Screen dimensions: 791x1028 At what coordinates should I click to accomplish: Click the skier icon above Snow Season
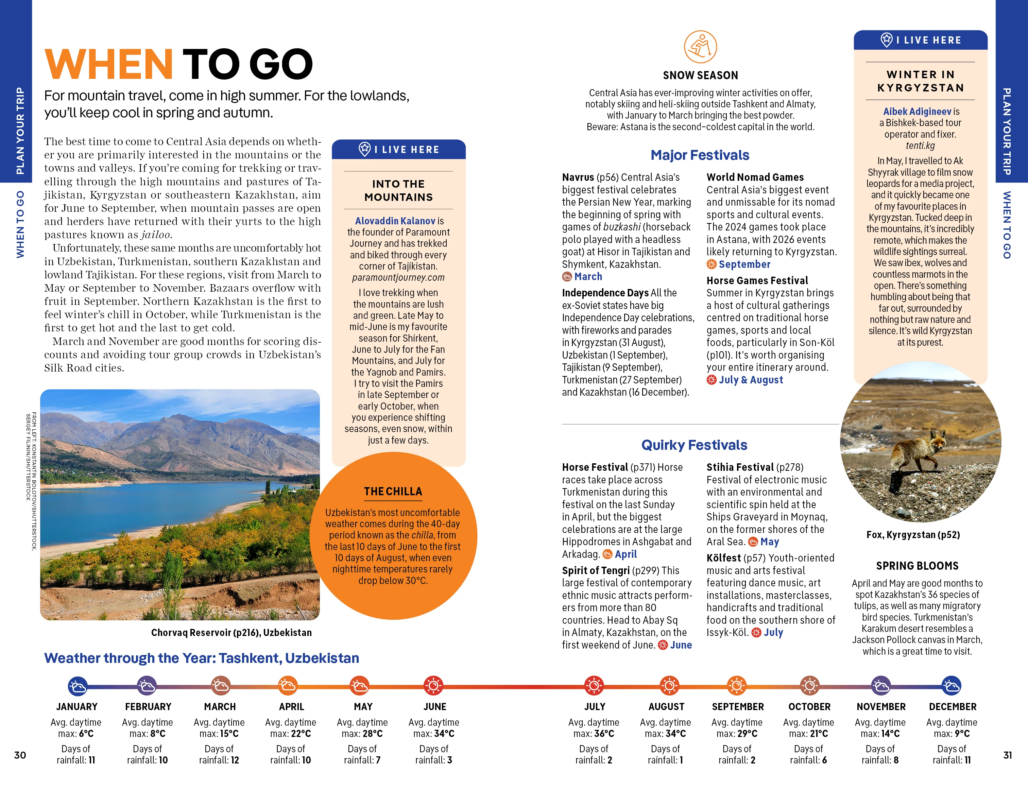700,47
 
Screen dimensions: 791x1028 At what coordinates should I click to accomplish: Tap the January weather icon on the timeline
77,686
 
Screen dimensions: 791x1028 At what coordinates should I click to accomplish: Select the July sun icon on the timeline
594,686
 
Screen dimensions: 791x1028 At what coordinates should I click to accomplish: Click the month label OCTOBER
809,706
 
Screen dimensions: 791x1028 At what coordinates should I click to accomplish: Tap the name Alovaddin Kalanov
395,221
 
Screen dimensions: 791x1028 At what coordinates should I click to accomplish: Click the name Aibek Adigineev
916,111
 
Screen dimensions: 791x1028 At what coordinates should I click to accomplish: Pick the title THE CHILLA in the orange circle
393,491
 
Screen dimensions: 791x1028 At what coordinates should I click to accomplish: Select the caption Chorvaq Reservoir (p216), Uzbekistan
231,632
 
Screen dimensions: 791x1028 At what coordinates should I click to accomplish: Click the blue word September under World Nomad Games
744,264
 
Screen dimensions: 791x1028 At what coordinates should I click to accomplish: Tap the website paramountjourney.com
398,278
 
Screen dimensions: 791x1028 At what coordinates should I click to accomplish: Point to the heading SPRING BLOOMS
917,566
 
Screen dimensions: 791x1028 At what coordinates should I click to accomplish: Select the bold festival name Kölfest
723,558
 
